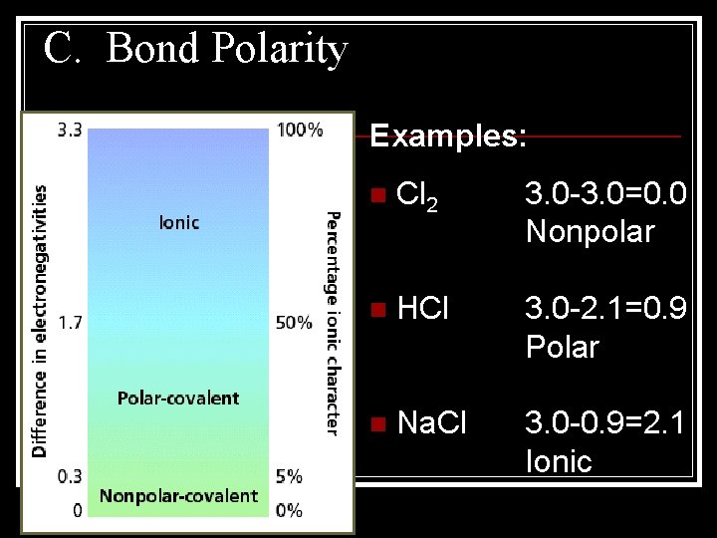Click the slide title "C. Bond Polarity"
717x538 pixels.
(x=196, y=49)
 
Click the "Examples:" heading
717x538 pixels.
(x=448, y=136)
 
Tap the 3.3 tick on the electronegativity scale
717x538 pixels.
(x=69, y=130)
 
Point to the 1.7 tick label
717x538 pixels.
(x=69, y=322)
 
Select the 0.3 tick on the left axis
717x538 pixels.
(x=69, y=476)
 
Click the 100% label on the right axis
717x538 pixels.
(x=300, y=130)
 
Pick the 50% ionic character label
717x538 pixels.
(x=294, y=322)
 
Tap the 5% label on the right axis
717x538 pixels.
(x=289, y=476)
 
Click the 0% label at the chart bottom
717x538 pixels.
(x=289, y=510)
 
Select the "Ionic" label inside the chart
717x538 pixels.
(x=179, y=222)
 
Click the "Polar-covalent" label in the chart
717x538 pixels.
(x=178, y=399)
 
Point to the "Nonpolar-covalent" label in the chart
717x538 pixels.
(x=178, y=495)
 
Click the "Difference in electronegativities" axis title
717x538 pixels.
(x=40, y=320)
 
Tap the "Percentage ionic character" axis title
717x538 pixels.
(x=333, y=322)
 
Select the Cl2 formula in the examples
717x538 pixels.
(x=416, y=196)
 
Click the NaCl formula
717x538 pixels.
(x=431, y=423)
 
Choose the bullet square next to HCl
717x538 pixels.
(x=375, y=310)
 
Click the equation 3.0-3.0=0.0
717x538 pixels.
(x=605, y=194)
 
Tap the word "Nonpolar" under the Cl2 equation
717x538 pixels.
(x=590, y=232)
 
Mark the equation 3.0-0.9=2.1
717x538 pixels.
(x=605, y=423)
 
